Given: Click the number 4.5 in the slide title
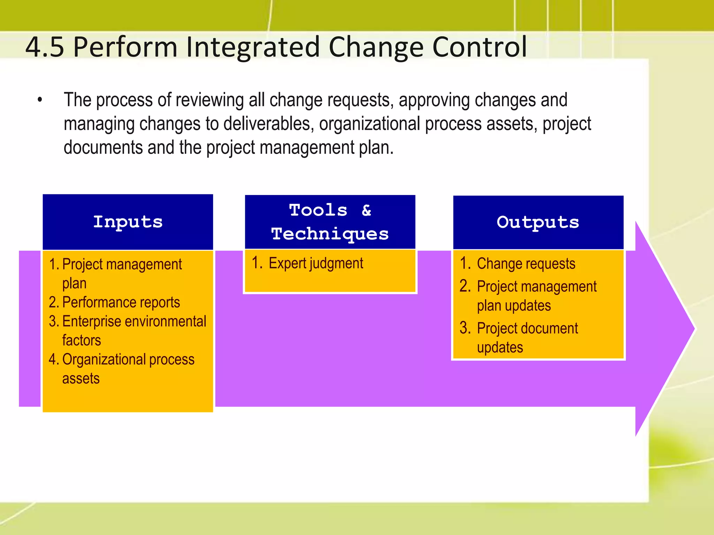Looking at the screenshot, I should tap(45, 47).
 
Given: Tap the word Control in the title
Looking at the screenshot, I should tap(479, 47).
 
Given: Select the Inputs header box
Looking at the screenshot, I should tap(128, 222).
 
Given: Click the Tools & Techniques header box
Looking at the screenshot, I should tap(330, 222).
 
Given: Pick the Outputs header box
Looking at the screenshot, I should tap(538, 222).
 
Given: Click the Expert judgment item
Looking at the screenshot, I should tap(316, 263).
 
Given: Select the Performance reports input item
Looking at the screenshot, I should tap(121, 302).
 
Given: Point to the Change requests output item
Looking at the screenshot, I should tap(526, 264).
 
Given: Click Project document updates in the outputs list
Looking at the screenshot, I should tap(527, 338).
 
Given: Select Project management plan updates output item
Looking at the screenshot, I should tap(536, 296).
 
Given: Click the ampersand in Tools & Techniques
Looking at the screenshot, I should tap(366, 210).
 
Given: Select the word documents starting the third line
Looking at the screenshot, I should tap(103, 148).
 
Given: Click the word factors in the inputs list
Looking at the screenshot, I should tap(82, 340).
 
